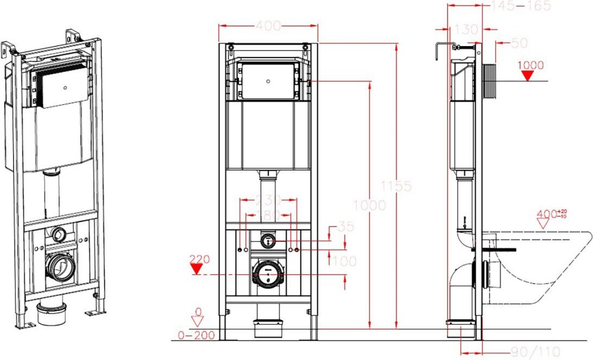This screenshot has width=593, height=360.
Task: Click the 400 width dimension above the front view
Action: click(268, 26)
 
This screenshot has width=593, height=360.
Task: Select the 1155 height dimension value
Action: click(396, 186)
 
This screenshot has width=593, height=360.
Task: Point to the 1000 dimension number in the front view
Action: click(369, 205)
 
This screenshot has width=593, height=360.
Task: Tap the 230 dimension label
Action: click(268, 199)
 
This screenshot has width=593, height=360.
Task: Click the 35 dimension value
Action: click(346, 226)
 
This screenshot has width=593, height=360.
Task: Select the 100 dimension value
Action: click(344, 261)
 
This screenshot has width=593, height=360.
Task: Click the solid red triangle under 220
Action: click(196, 269)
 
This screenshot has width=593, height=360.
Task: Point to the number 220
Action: click(199, 259)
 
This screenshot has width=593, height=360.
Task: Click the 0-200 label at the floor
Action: click(196, 335)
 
